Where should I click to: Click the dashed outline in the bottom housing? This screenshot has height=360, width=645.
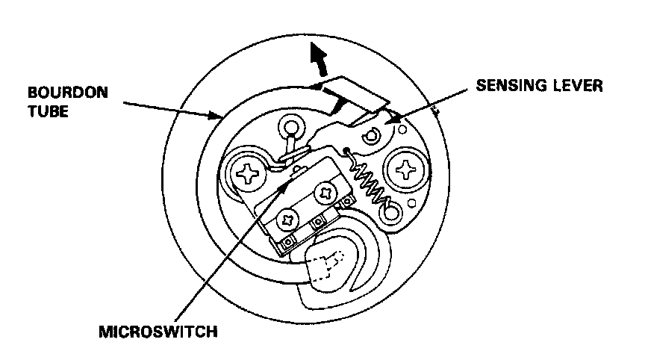322,265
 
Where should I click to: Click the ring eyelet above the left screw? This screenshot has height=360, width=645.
290,128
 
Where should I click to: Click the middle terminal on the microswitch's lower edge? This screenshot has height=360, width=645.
317,221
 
